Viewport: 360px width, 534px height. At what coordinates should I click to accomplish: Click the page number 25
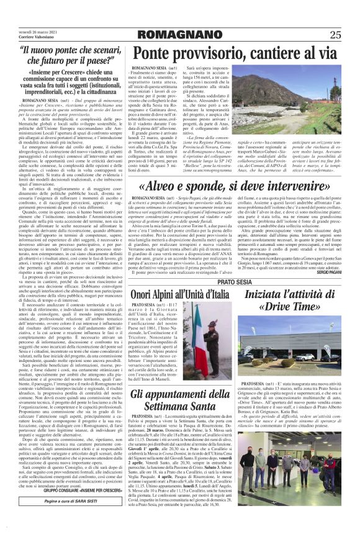pos(335,34)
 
